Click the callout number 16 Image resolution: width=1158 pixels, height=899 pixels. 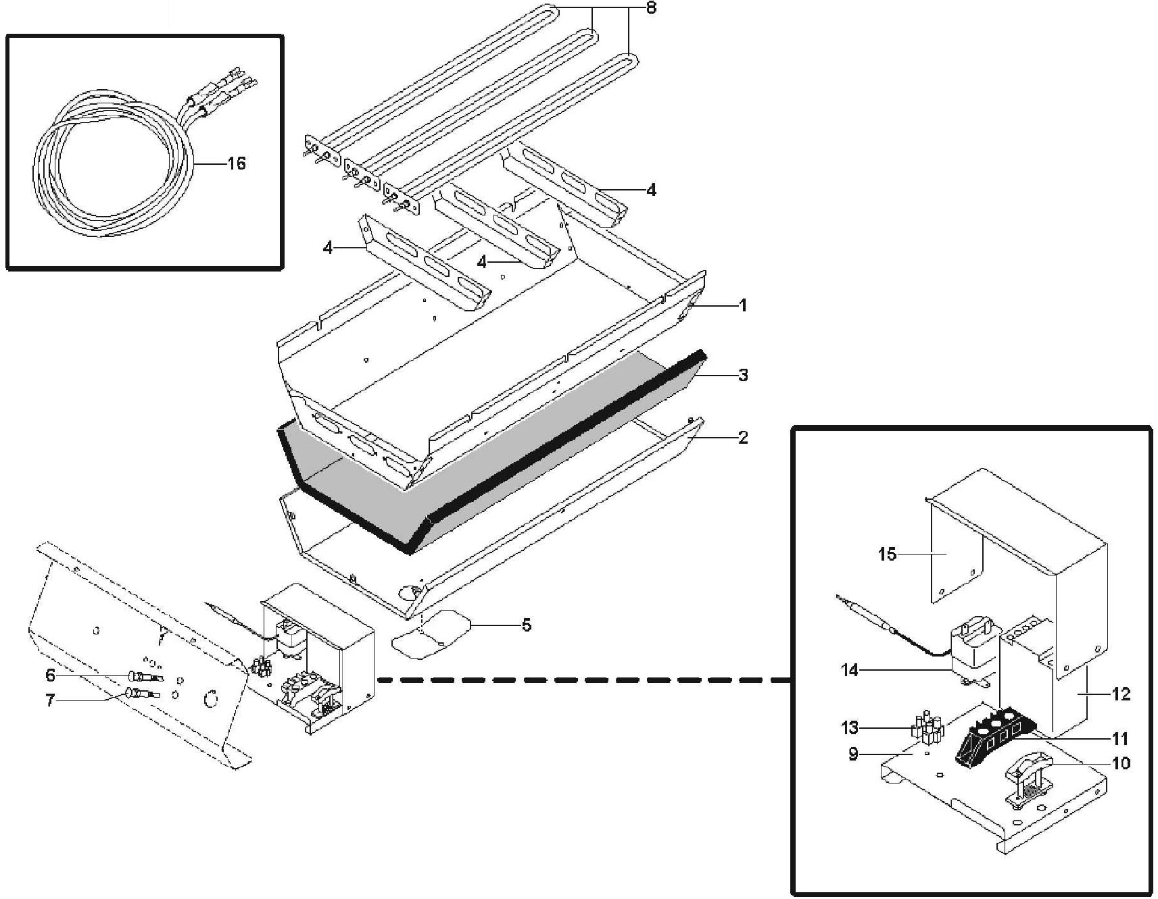click(x=236, y=163)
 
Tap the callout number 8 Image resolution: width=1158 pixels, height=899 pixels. click(x=651, y=9)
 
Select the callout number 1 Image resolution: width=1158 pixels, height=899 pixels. click(x=743, y=305)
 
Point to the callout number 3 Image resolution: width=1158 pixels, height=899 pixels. click(x=743, y=375)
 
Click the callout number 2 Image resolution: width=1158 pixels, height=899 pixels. click(x=743, y=438)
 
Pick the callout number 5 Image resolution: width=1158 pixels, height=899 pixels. click(x=526, y=625)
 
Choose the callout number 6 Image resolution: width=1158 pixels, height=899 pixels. click(x=50, y=675)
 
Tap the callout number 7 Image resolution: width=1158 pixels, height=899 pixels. click(x=50, y=701)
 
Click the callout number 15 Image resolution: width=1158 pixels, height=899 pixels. click(x=887, y=555)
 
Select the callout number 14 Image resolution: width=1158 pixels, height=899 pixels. click(x=850, y=670)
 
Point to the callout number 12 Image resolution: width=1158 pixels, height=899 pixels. click(x=1121, y=694)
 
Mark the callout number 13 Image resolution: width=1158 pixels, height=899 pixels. click(x=850, y=727)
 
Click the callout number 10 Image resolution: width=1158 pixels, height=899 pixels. click(x=1121, y=763)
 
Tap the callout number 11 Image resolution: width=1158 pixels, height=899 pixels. click(x=1121, y=738)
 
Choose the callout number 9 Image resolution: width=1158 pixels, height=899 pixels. click(x=853, y=754)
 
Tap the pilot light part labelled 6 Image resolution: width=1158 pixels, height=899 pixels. click(x=143, y=676)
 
